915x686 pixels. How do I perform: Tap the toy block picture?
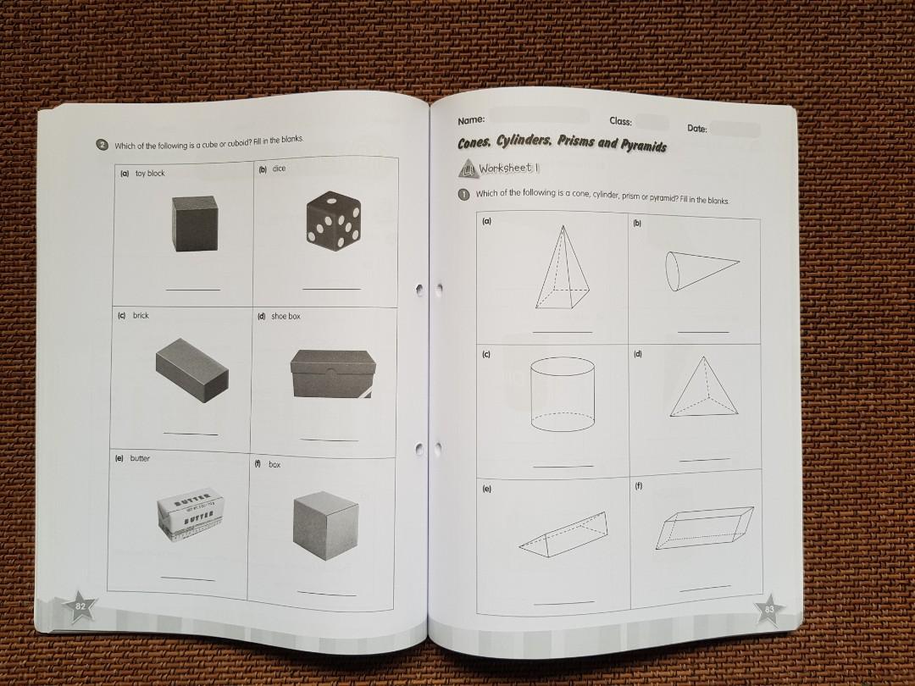[197, 224]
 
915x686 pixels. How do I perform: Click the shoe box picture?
[330, 374]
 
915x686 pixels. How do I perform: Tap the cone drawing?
[699, 268]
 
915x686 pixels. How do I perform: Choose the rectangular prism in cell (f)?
[706, 528]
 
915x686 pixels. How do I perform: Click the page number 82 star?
[80, 606]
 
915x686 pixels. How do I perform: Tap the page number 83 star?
[768, 609]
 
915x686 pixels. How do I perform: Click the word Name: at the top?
[471, 121]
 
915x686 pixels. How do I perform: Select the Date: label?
[697, 129]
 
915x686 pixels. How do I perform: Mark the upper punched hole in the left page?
[419, 290]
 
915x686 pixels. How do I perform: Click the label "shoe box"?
[286, 316]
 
